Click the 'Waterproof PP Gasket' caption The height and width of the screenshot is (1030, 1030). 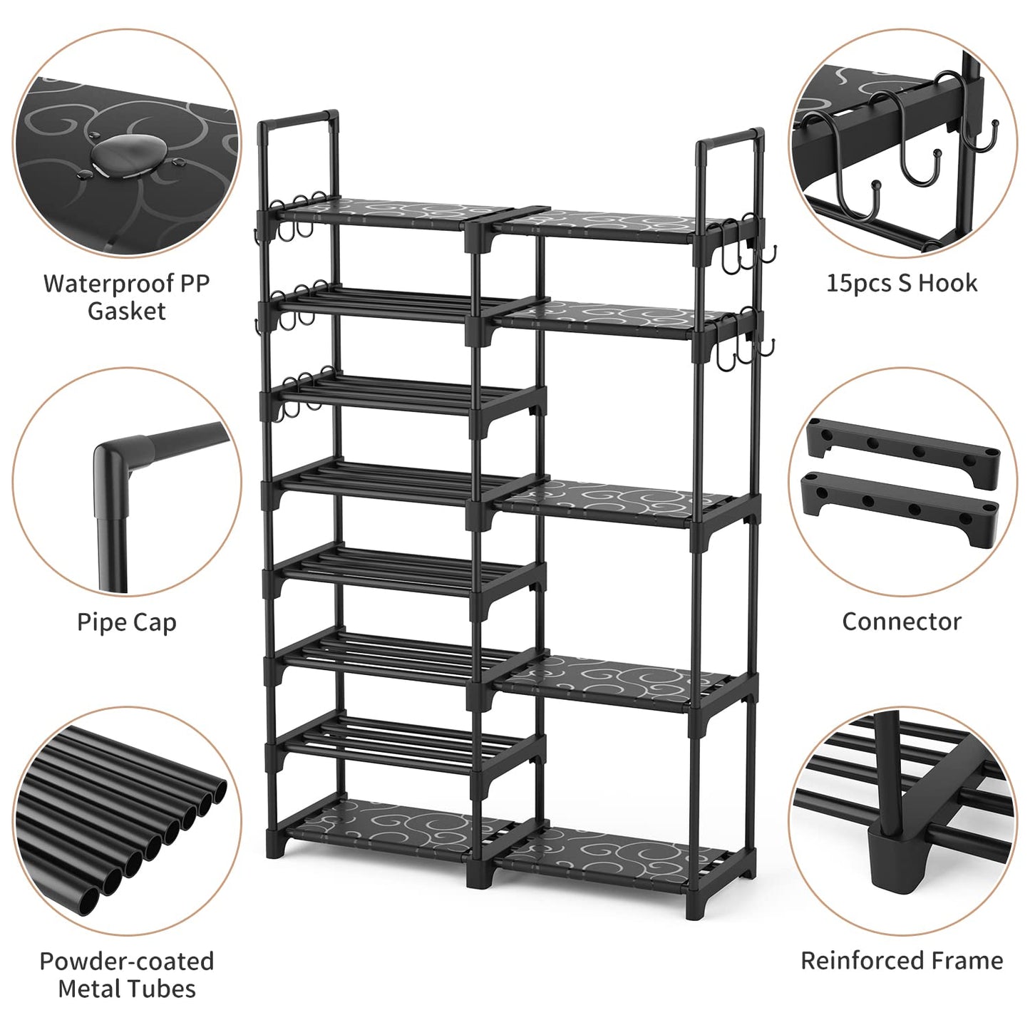point(127,297)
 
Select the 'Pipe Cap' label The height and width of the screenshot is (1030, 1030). point(127,622)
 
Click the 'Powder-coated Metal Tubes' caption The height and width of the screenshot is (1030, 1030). point(127,974)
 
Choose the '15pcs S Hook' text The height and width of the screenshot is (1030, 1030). point(902,283)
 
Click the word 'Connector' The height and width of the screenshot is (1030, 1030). point(902,622)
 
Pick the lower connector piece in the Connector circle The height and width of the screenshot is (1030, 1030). point(901,502)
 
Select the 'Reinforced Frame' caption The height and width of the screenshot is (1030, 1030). point(902,960)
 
